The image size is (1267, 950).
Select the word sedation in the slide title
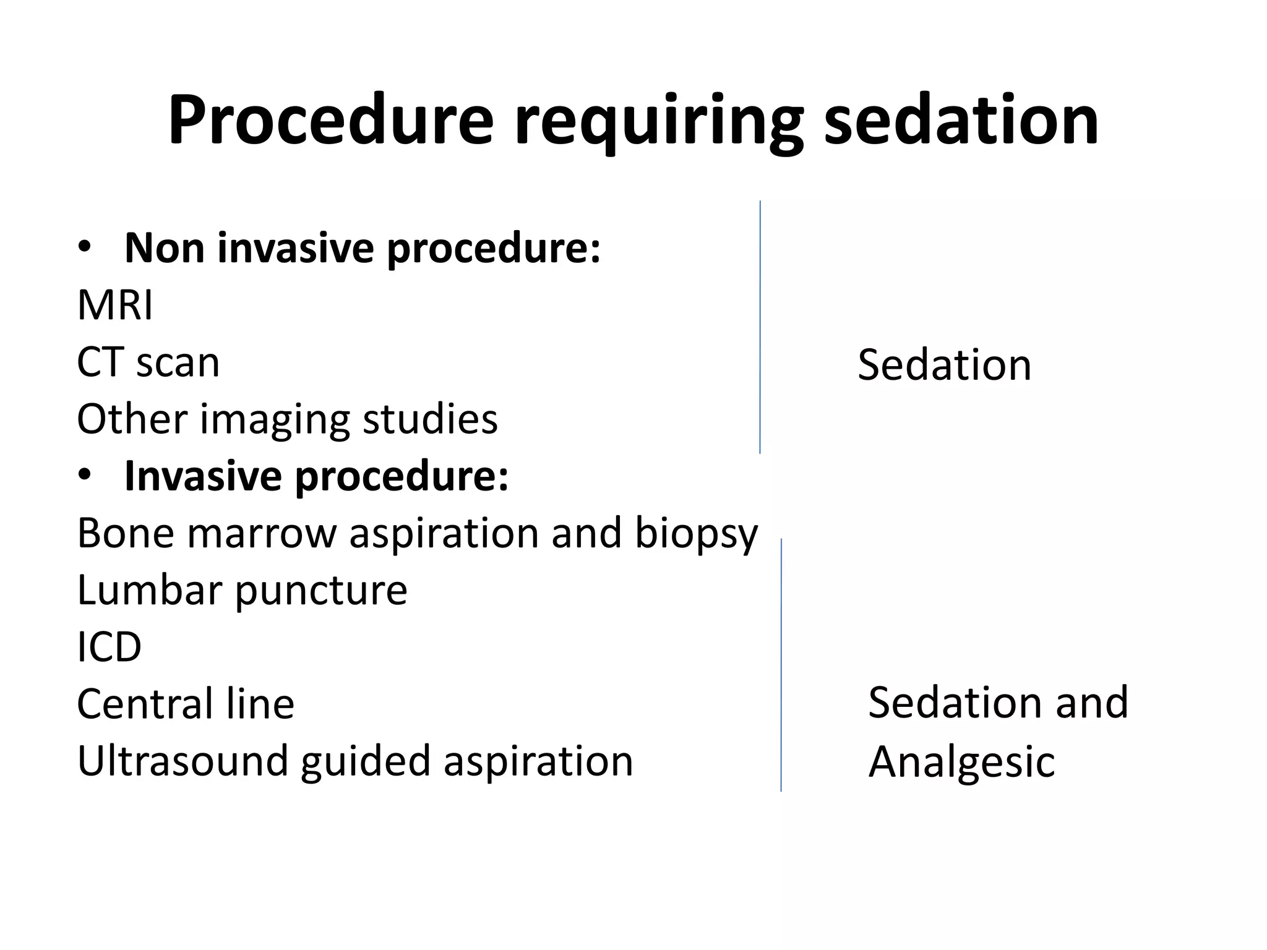click(961, 121)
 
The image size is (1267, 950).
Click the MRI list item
click(115, 305)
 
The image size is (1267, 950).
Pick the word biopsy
click(696, 534)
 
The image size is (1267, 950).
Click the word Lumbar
click(149, 590)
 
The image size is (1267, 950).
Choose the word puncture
click(321, 591)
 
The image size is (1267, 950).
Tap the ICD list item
click(110, 647)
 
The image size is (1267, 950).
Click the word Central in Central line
click(142, 704)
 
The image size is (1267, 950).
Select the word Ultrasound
click(183, 761)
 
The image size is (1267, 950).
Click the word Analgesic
click(961, 762)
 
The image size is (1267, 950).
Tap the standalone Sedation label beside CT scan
click(944, 364)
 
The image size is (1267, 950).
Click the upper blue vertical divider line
click(760, 328)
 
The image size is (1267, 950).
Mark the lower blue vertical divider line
click(781, 665)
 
